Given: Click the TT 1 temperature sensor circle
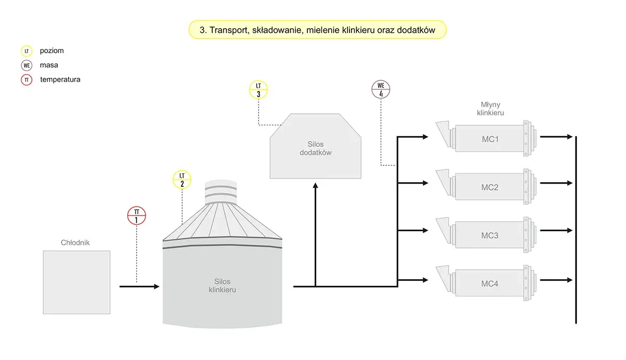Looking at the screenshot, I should (x=137, y=215).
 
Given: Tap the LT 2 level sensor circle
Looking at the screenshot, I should (x=182, y=179).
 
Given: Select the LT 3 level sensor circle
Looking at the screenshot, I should (x=258, y=90).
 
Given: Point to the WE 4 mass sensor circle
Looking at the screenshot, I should (x=381, y=89).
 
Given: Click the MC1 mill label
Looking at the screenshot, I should (x=490, y=139).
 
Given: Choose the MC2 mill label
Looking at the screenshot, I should (x=490, y=187).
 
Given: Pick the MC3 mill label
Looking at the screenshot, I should (x=490, y=235).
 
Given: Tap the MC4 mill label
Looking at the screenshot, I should (x=490, y=284).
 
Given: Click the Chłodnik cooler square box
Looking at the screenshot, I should (x=77, y=282).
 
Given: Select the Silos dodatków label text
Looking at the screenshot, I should (x=316, y=148).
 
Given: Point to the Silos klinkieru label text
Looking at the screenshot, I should (x=219, y=285).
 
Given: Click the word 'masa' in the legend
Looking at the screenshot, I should (x=49, y=65).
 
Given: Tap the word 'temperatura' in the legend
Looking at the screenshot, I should (x=60, y=80).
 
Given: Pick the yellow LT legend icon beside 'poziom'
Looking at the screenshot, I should (x=27, y=51).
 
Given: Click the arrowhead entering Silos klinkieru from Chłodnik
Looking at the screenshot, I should (x=156, y=286).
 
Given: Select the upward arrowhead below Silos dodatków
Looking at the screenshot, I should (x=316, y=186).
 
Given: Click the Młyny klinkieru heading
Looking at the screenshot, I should (x=490, y=109).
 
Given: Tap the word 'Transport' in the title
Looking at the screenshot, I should (x=228, y=30).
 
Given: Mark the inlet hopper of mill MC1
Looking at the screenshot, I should (x=441, y=129).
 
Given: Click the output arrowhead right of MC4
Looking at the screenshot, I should (x=570, y=280).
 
